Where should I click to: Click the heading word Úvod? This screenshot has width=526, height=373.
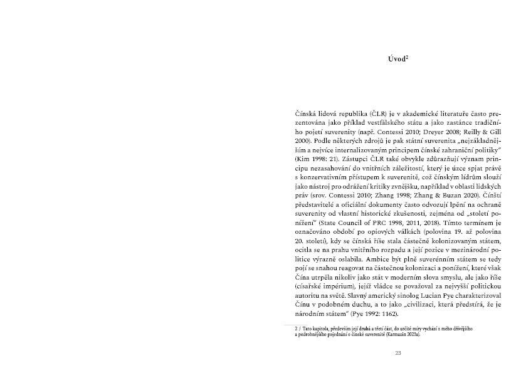396,60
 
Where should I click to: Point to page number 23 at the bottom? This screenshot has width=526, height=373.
398,354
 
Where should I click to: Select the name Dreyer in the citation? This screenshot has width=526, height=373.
420,134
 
